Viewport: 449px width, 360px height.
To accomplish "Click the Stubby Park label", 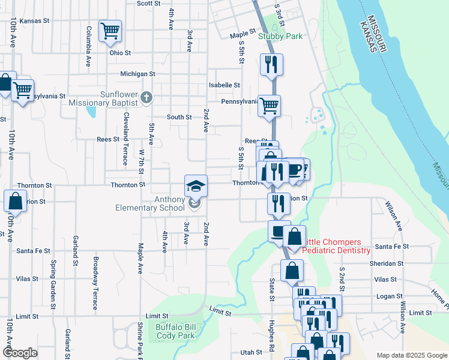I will [280, 36].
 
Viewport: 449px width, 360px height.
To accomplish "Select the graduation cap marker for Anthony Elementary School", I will [196, 186].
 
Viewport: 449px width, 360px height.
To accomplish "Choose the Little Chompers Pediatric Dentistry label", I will [335, 246].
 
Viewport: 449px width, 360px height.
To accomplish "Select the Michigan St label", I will [137, 74].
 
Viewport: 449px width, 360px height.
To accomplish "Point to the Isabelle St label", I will [224, 85].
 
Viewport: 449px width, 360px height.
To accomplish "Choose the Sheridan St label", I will [388, 263].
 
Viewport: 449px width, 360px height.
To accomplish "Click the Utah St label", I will [251, 352].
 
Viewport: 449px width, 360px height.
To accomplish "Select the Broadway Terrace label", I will [95, 283].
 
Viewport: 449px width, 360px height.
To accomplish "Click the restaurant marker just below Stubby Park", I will [271, 63].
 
